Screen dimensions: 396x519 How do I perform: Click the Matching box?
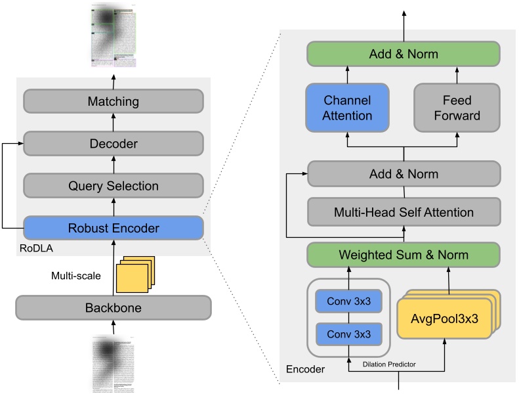pyautogui.click(x=114, y=102)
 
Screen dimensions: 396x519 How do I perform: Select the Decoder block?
pyautogui.click(x=114, y=143)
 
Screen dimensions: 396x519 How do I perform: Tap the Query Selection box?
pyautogui.click(x=114, y=186)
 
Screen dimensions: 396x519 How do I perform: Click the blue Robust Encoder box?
pyautogui.click(x=114, y=228)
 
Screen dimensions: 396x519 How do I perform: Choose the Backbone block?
pyautogui.click(x=114, y=307)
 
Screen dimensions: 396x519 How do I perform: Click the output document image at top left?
pyautogui.click(x=114, y=36)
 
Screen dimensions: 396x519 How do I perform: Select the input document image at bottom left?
pyautogui.click(x=114, y=364)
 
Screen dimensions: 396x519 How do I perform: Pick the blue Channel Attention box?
pyautogui.click(x=347, y=108)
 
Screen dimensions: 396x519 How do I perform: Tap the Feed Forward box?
pyautogui.click(x=457, y=108)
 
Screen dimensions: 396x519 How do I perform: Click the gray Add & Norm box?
pyautogui.click(x=403, y=175)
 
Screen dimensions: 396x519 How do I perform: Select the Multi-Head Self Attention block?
pyautogui.click(x=403, y=212)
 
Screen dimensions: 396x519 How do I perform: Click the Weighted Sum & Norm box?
pyautogui.click(x=403, y=254)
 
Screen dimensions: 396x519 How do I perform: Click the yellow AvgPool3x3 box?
pyautogui.click(x=444, y=319)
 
